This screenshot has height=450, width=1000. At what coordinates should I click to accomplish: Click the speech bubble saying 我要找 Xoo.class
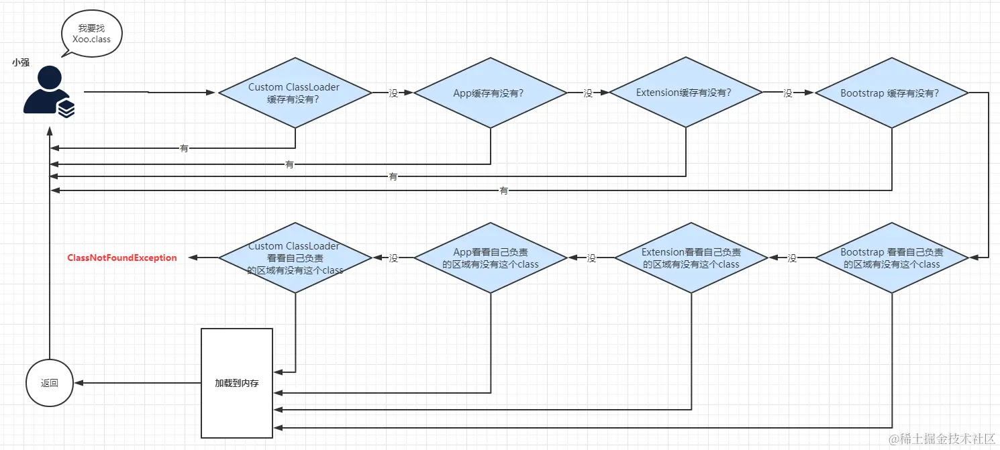(91, 34)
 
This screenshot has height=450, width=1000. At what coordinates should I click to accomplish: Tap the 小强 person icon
(48, 93)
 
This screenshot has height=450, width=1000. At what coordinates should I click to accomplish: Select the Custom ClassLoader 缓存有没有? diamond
(294, 93)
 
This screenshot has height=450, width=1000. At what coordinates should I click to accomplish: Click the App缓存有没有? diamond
(489, 93)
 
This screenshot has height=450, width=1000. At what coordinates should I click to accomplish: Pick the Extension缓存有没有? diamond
(685, 93)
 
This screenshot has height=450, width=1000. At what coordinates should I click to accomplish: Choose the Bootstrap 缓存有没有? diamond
(891, 93)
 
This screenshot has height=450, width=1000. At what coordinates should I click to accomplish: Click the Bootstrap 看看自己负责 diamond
(891, 258)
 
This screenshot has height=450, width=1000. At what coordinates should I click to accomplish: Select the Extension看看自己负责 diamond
(691, 258)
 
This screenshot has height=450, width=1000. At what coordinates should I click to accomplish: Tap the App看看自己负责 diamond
(491, 258)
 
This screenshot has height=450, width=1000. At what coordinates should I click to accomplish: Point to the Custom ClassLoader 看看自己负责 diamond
(295, 258)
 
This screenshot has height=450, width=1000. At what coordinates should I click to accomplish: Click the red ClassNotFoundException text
(122, 258)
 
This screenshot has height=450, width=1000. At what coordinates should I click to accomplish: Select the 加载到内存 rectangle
(237, 383)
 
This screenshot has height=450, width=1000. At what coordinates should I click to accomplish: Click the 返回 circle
(50, 384)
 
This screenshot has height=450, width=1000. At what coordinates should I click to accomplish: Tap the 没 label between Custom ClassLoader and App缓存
(393, 93)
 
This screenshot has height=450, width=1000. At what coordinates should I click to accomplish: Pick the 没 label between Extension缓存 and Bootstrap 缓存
(789, 93)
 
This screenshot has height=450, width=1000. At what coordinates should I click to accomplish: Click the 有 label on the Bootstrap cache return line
(504, 191)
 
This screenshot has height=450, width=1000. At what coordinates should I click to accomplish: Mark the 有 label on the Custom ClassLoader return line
(184, 148)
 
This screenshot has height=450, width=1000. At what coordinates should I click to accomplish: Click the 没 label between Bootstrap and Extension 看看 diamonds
(792, 258)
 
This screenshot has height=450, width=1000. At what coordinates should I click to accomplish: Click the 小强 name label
(20, 62)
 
